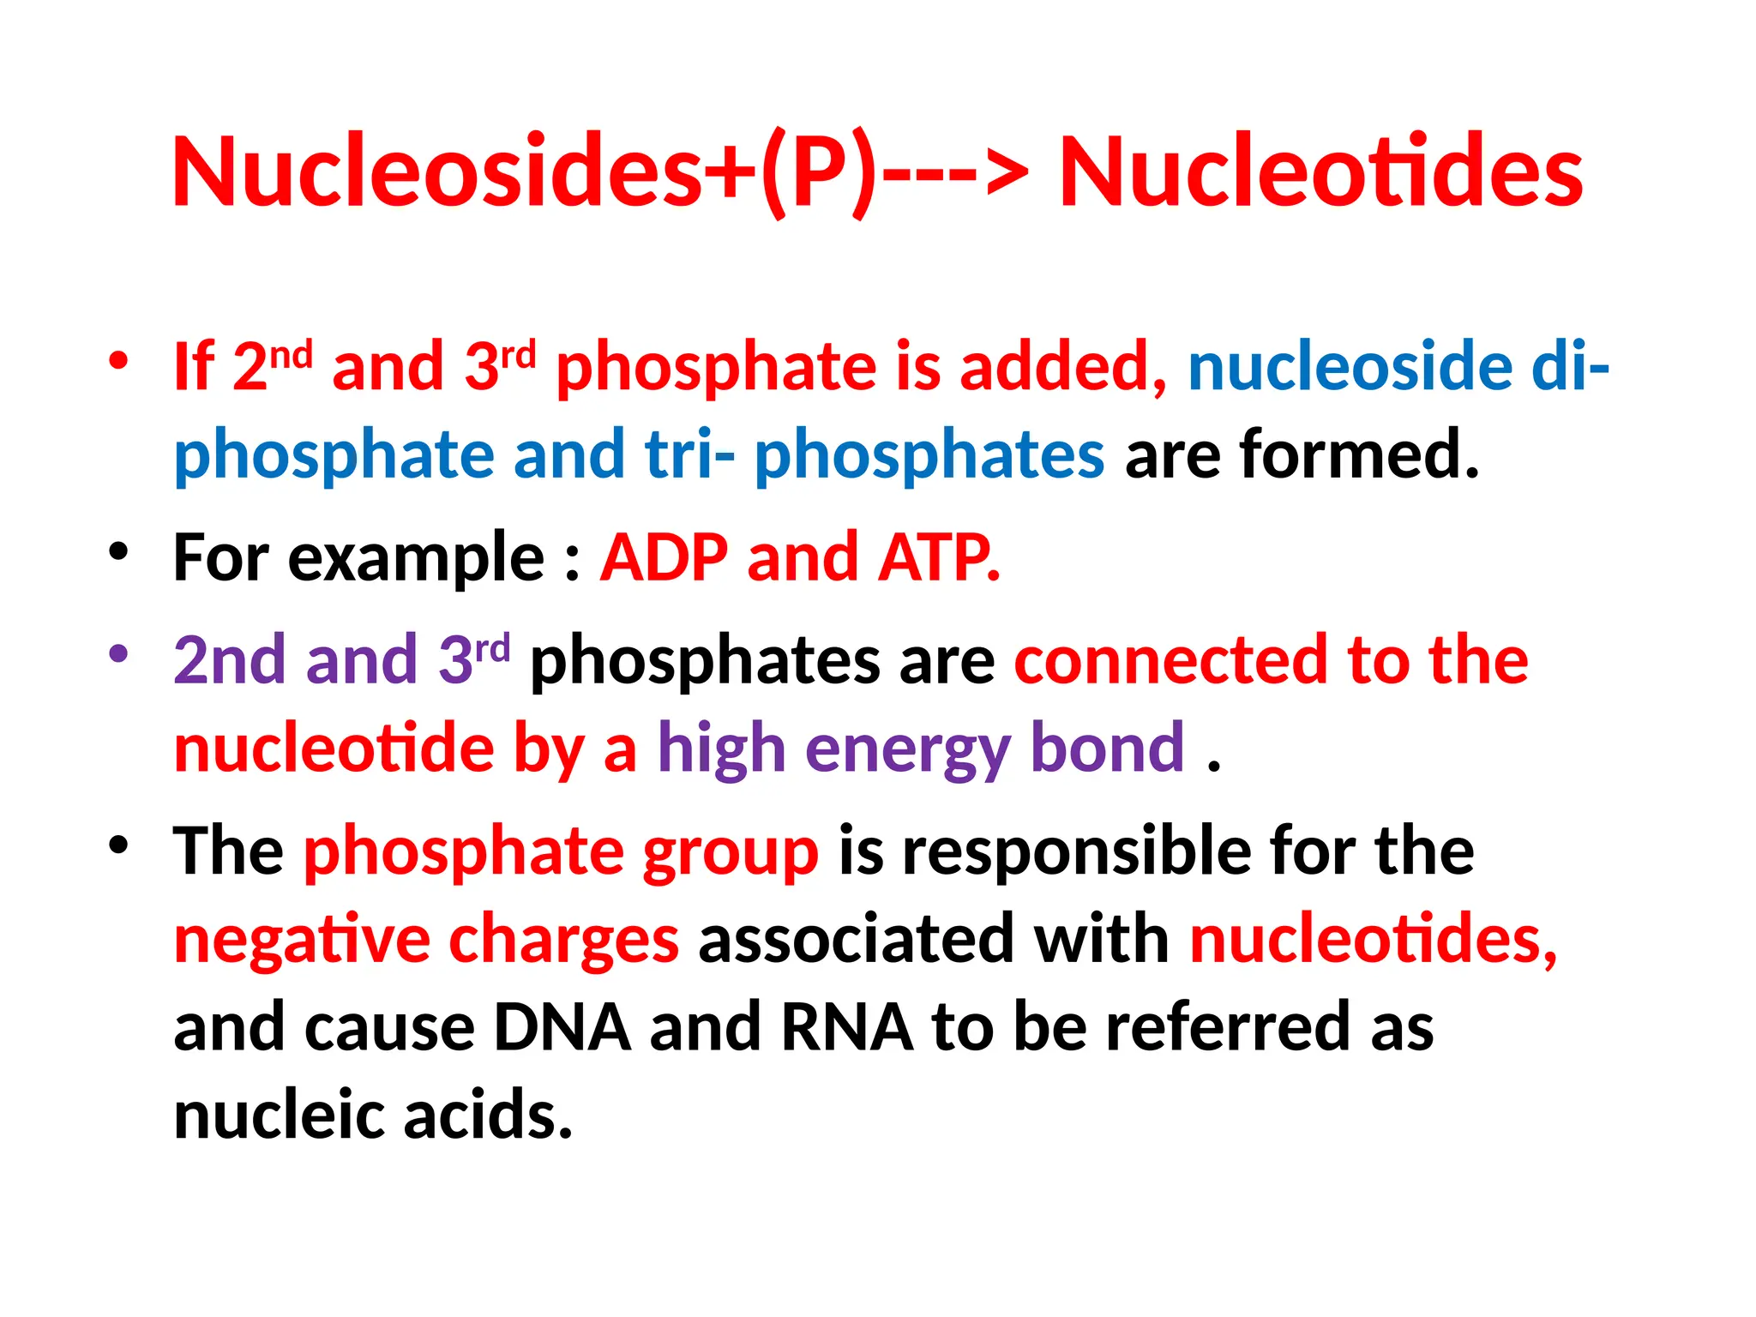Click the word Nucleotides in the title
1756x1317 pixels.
coord(1321,171)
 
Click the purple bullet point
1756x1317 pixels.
coord(118,653)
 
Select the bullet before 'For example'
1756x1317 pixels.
coord(118,551)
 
